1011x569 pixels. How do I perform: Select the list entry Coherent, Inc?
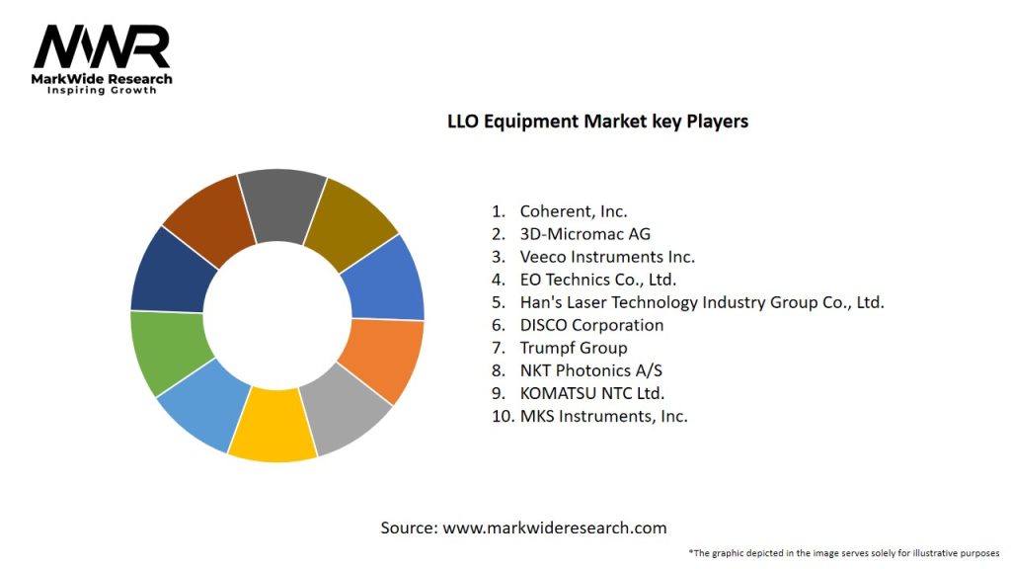click(x=573, y=210)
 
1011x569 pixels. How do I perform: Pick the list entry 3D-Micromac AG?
click(x=584, y=234)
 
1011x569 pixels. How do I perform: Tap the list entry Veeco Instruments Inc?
click(x=606, y=257)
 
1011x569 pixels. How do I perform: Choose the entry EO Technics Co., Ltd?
click(x=597, y=280)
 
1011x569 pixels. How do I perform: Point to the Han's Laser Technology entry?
click(x=701, y=302)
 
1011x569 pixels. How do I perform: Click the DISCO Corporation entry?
click(x=591, y=325)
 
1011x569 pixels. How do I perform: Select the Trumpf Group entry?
click(x=573, y=348)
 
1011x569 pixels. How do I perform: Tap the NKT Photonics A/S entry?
click(x=589, y=370)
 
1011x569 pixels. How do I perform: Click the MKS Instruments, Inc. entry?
click(x=603, y=416)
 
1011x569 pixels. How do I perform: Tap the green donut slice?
click(x=165, y=350)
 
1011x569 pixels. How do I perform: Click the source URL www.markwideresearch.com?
click(x=554, y=528)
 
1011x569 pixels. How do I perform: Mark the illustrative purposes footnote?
click(x=844, y=552)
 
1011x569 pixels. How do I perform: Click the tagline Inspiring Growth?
click(x=102, y=91)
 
